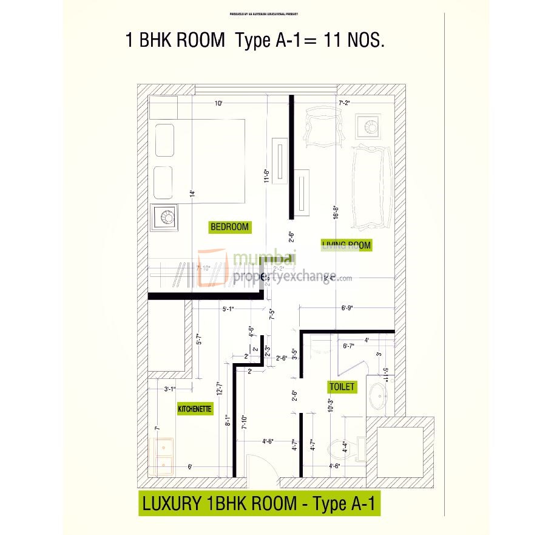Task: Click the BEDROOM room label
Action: click(x=229, y=227)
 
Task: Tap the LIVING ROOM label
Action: click(x=346, y=245)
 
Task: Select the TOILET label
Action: click(x=342, y=386)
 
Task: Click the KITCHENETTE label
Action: click(x=195, y=409)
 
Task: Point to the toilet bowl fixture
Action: click(x=343, y=451)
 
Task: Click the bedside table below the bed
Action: click(x=164, y=217)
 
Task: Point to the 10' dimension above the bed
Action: click(x=218, y=104)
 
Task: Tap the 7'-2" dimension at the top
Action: click(x=344, y=104)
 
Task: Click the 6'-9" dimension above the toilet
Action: click(x=347, y=308)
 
